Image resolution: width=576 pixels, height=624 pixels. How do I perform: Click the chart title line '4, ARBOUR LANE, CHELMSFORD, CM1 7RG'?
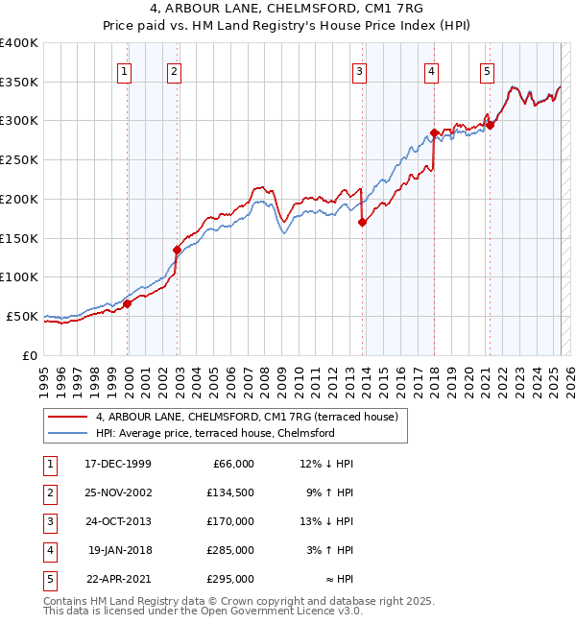click(287, 8)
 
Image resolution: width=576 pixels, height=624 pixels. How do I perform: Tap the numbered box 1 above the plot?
click(126, 70)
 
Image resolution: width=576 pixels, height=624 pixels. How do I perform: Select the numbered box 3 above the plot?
click(359, 70)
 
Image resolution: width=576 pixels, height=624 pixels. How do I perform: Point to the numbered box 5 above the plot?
click(488, 70)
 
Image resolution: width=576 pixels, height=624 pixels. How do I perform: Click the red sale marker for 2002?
click(177, 250)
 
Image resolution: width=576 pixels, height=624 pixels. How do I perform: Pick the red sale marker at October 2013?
click(362, 222)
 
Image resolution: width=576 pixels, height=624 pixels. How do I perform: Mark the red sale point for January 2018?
click(434, 132)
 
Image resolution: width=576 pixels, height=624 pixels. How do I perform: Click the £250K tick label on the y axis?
click(19, 160)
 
